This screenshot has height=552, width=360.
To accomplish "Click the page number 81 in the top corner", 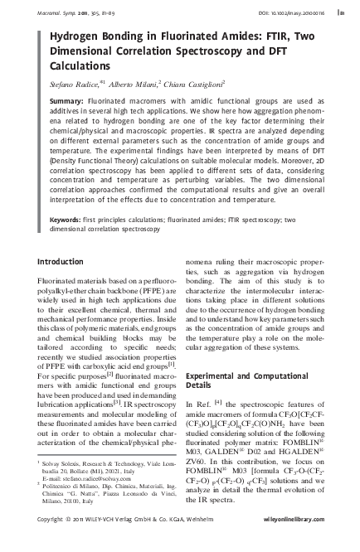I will [x=342, y=13].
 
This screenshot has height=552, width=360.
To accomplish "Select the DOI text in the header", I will [x=282, y=13].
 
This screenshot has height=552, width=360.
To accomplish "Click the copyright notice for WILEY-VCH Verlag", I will [x=124, y=541].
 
